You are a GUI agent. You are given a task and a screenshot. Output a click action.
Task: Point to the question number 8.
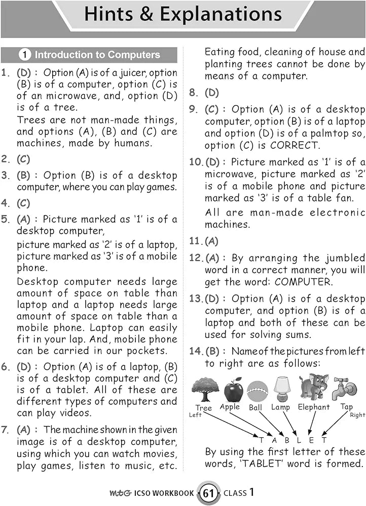(x=193, y=93)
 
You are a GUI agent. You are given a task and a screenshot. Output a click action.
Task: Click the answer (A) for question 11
(x=211, y=241)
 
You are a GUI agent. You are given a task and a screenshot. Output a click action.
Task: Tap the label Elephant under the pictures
(x=313, y=407)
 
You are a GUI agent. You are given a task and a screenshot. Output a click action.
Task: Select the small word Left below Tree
(x=195, y=415)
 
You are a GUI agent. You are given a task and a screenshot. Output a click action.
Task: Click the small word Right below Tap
(x=357, y=415)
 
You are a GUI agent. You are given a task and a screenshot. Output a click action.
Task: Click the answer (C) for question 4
(x=24, y=203)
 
